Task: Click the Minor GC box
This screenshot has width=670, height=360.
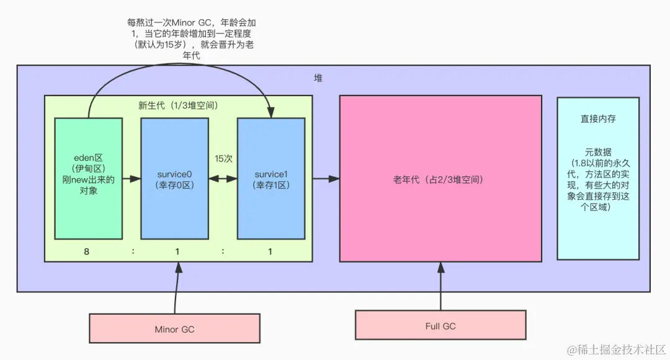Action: [x=174, y=329]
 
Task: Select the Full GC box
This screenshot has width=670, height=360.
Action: [x=441, y=326]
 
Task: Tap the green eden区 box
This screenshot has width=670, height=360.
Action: [x=88, y=179]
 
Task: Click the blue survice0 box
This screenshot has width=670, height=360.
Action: [x=174, y=179]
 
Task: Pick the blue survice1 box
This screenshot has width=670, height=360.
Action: [x=271, y=179]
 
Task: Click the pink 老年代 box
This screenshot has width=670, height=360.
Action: [x=440, y=179]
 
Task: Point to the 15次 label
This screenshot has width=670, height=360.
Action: [x=223, y=159]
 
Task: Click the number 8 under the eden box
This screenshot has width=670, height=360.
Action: [x=87, y=251]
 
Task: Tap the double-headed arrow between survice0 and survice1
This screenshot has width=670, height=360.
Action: [x=223, y=179]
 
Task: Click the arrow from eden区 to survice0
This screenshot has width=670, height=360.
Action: [x=131, y=179]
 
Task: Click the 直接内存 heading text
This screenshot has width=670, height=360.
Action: [x=597, y=118]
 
